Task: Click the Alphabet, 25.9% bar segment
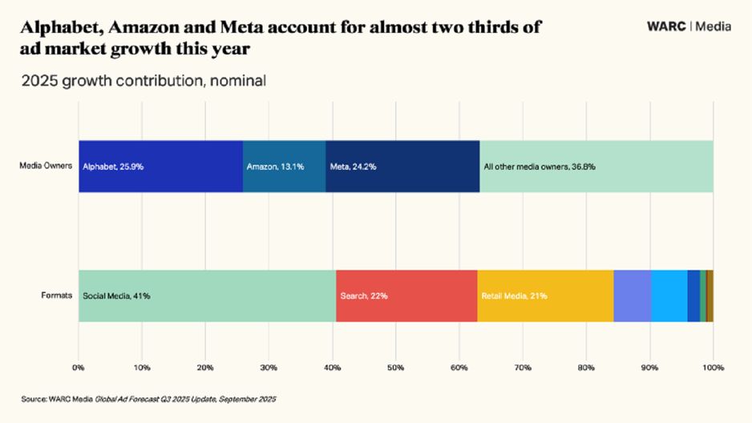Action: pos(160,167)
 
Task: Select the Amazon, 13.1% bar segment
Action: pos(284,167)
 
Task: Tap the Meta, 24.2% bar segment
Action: pos(402,167)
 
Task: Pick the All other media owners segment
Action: pos(596,167)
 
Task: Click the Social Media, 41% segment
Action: pos(207,296)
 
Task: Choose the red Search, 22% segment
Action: pos(406,296)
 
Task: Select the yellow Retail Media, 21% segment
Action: pos(545,296)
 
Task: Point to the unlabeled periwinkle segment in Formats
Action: pos(632,296)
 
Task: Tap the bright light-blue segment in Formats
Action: pos(669,296)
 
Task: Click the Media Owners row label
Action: pos(46,167)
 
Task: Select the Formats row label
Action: pos(57,296)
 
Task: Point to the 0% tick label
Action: pos(79,368)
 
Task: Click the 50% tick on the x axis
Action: pos(395,368)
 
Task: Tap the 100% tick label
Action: pos(713,368)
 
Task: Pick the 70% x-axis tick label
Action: pos(522,368)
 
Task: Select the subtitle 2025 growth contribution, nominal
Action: pos(144,81)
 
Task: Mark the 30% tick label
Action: pos(269,368)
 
